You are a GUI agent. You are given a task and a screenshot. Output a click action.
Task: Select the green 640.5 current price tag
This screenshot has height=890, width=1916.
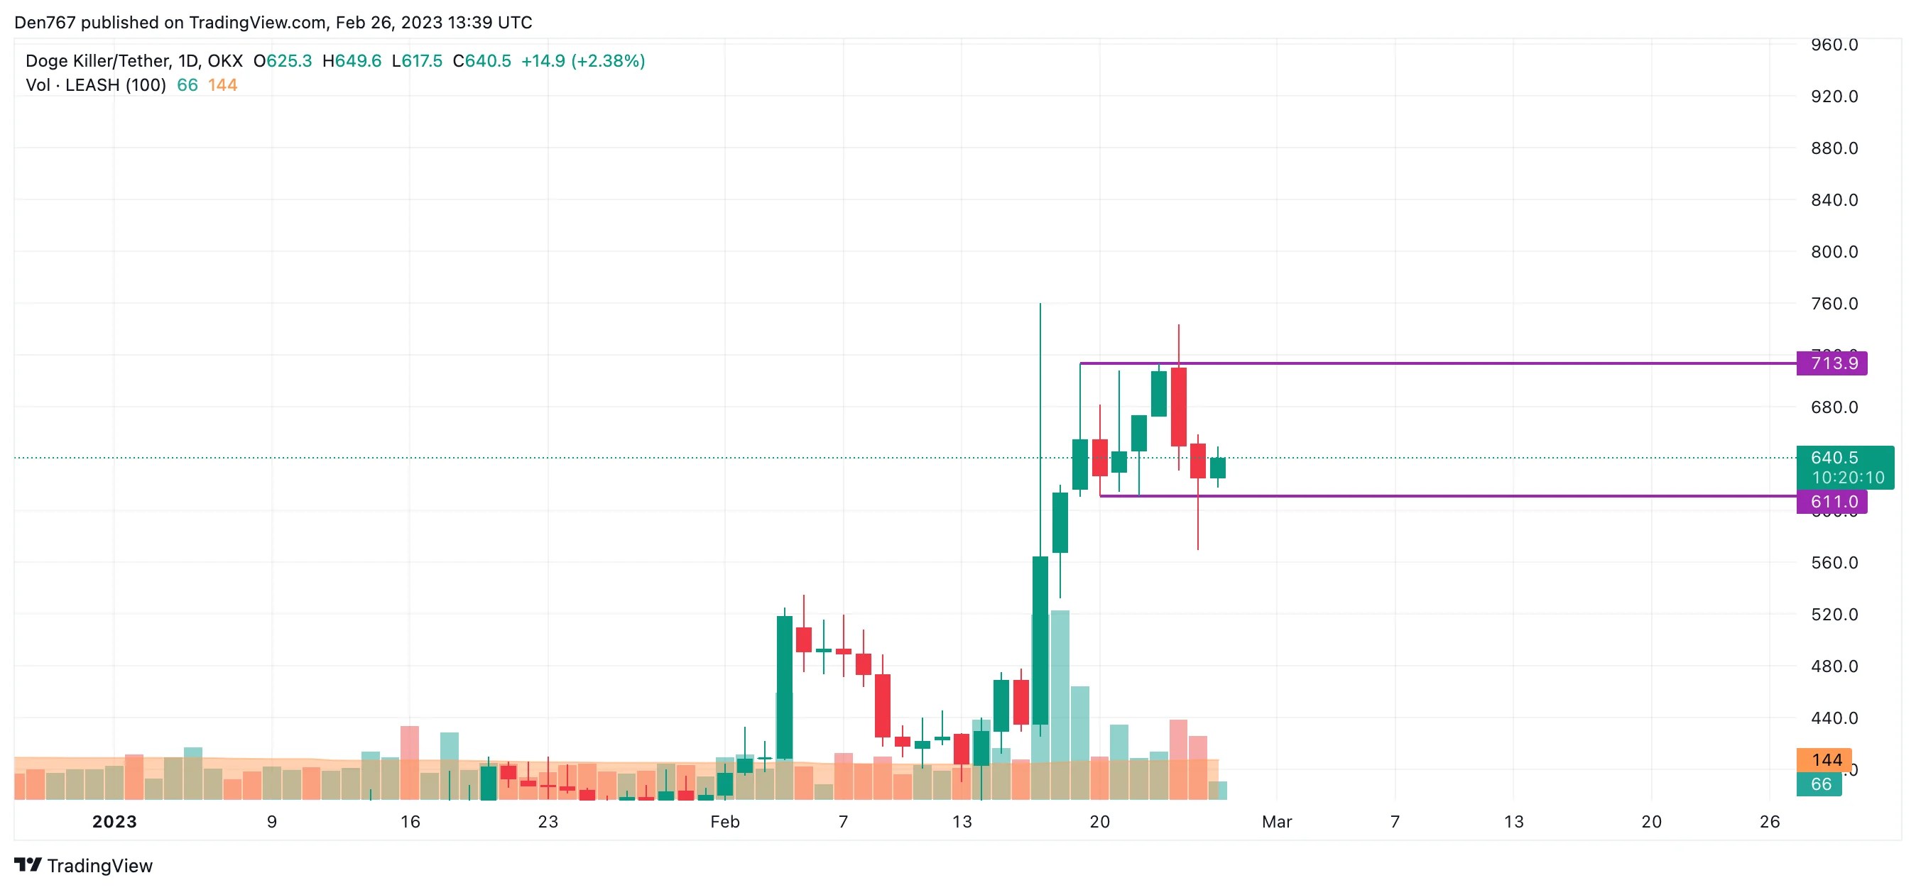(1844, 467)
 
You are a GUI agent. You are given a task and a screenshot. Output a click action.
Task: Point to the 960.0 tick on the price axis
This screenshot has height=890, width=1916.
(1834, 45)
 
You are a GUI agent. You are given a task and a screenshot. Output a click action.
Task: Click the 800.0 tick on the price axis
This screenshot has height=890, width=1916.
(1834, 251)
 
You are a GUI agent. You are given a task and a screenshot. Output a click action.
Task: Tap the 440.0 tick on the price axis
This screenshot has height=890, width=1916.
(1834, 718)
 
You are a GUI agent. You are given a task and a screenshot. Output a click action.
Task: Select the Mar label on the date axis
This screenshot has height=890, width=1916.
(1276, 822)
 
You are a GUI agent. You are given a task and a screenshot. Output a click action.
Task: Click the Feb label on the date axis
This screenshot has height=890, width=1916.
(724, 822)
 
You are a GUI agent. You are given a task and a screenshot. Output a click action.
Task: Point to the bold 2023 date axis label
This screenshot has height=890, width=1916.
(114, 822)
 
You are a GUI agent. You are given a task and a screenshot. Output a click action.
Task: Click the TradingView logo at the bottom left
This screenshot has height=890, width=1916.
(83, 865)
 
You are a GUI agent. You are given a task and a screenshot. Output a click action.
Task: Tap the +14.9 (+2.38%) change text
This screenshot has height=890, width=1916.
(582, 61)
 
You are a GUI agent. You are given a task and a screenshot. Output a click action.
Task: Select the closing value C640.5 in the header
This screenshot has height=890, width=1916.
(481, 61)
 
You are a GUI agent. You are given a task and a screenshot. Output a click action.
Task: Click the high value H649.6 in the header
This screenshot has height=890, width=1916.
(351, 61)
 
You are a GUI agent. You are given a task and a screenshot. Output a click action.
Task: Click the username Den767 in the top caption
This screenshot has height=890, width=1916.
(45, 22)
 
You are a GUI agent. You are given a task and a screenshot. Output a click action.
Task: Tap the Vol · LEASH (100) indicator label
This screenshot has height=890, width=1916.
(95, 84)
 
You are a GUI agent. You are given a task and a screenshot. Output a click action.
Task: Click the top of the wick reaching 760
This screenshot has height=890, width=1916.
(1040, 305)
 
